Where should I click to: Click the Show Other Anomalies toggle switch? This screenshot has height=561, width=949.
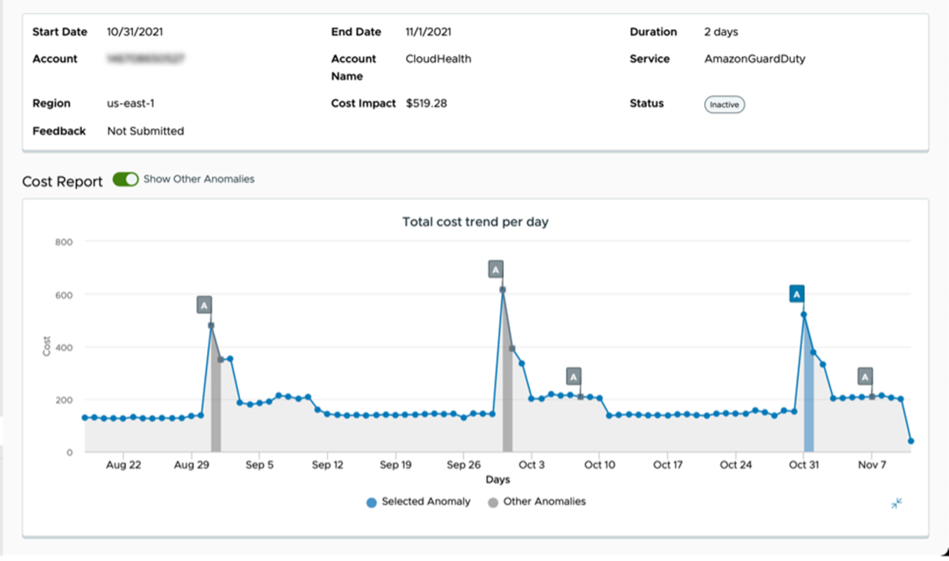pos(125,180)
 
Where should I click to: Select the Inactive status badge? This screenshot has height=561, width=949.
pos(724,104)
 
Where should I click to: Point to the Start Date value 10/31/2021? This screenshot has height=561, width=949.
pos(135,32)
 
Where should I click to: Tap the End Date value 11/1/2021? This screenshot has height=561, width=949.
pos(428,32)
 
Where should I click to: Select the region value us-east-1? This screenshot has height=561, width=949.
pos(130,104)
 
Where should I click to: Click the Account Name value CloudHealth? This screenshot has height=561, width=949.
pos(438,59)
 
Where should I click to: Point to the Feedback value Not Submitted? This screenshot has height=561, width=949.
pos(145,131)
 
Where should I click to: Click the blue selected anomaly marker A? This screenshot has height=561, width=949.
pos(797,294)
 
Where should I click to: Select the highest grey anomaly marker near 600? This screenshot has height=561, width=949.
pos(495,269)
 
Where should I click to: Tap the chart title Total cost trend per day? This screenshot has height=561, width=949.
pos(475,222)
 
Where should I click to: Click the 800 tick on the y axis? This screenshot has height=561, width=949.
pos(64,242)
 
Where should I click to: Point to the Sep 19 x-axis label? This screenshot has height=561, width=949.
pos(395,465)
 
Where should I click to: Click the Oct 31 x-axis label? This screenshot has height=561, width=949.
pos(803,465)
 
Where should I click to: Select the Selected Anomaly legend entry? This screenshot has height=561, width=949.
pos(419,501)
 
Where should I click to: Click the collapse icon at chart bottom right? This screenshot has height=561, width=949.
pos(897,503)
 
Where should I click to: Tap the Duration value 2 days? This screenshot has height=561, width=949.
pos(720,32)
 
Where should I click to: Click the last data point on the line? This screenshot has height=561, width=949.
pos(911,441)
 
